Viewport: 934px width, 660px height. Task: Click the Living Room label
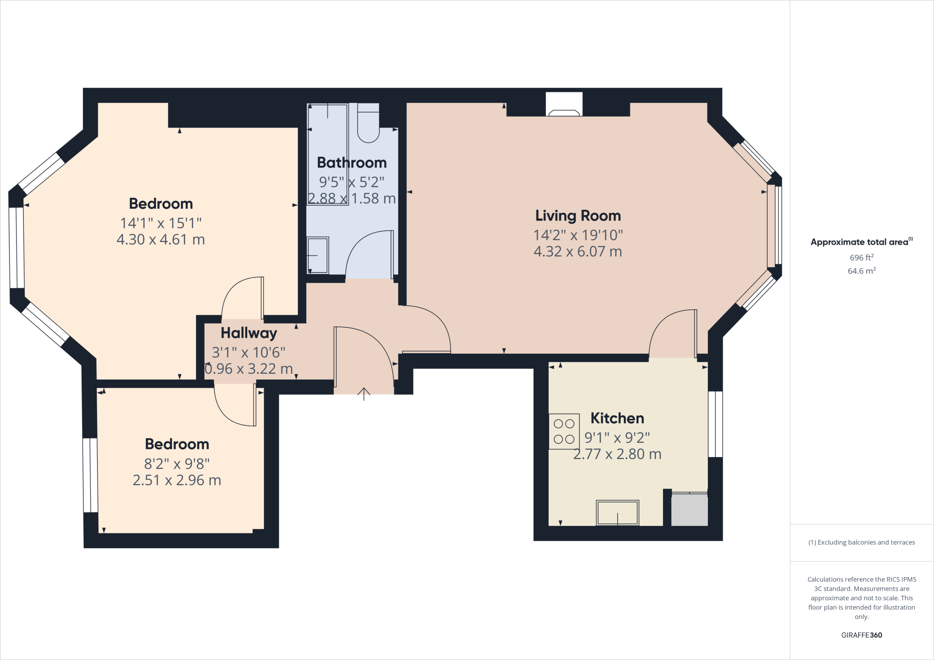[x=578, y=216]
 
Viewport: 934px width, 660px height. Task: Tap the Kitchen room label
[x=617, y=418]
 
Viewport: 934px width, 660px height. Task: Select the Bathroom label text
[x=352, y=163]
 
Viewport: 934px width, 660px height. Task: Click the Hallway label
[x=249, y=333]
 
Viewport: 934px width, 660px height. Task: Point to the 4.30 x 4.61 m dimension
[x=161, y=240]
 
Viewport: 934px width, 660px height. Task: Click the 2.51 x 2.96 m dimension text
[x=177, y=480]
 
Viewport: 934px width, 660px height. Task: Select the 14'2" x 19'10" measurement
[x=578, y=235]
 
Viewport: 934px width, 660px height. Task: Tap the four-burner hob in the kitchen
[x=564, y=431]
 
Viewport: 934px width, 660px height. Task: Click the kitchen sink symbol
[x=617, y=513]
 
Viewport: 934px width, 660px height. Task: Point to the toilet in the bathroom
[x=368, y=123]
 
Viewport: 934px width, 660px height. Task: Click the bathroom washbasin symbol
[x=317, y=255]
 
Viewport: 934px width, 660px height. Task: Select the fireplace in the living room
[x=564, y=105]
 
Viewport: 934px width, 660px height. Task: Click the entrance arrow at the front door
[x=363, y=394]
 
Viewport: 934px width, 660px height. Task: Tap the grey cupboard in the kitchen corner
[x=689, y=510]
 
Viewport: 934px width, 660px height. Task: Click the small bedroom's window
[x=90, y=475]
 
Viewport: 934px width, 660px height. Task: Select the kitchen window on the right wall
[x=715, y=424]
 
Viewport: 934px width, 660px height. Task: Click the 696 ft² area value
[x=861, y=258]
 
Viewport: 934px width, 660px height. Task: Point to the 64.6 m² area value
[x=861, y=271]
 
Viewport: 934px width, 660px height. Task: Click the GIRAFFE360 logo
[x=861, y=635]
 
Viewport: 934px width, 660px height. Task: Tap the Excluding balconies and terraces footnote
[x=861, y=542]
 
